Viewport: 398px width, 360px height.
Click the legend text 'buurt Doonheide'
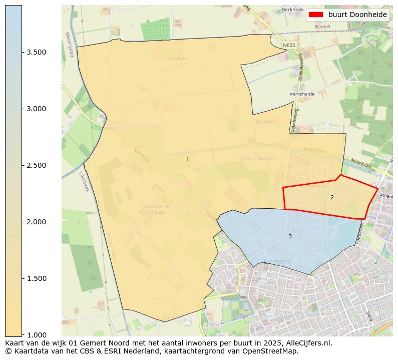(357, 15)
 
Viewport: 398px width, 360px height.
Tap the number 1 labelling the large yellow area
(187, 159)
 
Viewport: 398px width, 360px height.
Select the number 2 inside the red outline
(332, 197)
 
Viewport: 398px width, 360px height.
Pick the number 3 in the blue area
(290, 236)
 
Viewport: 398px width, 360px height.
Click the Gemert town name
(276, 261)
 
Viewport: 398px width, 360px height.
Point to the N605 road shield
(289, 45)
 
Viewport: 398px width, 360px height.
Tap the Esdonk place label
(178, 59)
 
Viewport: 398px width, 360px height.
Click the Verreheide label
(302, 94)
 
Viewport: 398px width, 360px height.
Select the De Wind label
(265, 122)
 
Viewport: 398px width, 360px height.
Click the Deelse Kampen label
(259, 159)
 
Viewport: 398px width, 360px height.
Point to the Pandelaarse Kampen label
(155, 209)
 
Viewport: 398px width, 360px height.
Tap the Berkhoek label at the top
(293, 10)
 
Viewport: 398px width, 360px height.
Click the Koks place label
(111, 128)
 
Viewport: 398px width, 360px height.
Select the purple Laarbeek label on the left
(83, 182)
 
